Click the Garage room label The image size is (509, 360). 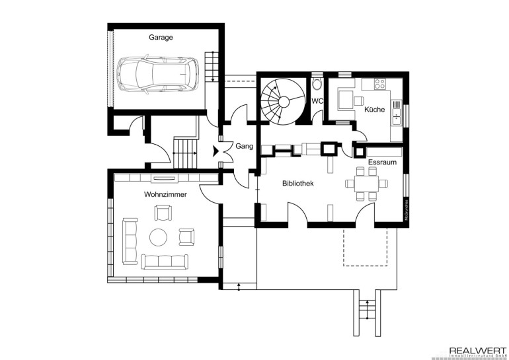click(161, 38)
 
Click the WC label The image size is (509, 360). click(317, 101)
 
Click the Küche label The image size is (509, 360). click(374, 110)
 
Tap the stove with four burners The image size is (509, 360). click(380, 84)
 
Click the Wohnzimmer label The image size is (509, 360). click(165, 195)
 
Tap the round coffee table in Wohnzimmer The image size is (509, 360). click(159, 236)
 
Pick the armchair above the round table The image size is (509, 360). click(162, 213)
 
